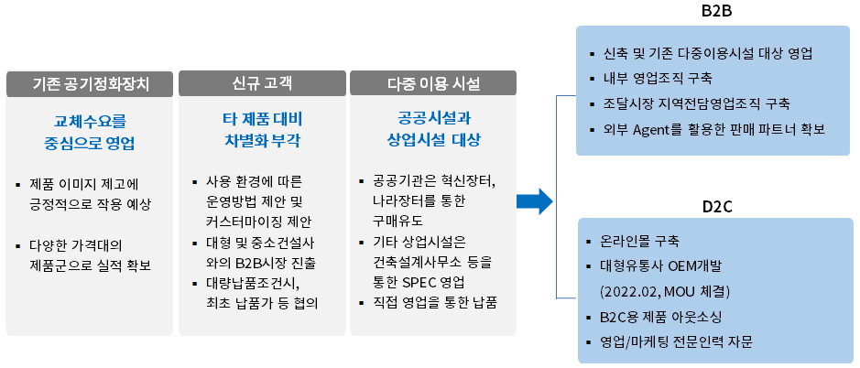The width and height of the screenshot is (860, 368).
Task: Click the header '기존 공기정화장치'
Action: [x=90, y=84]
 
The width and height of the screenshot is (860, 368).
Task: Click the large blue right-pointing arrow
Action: [x=535, y=200]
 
